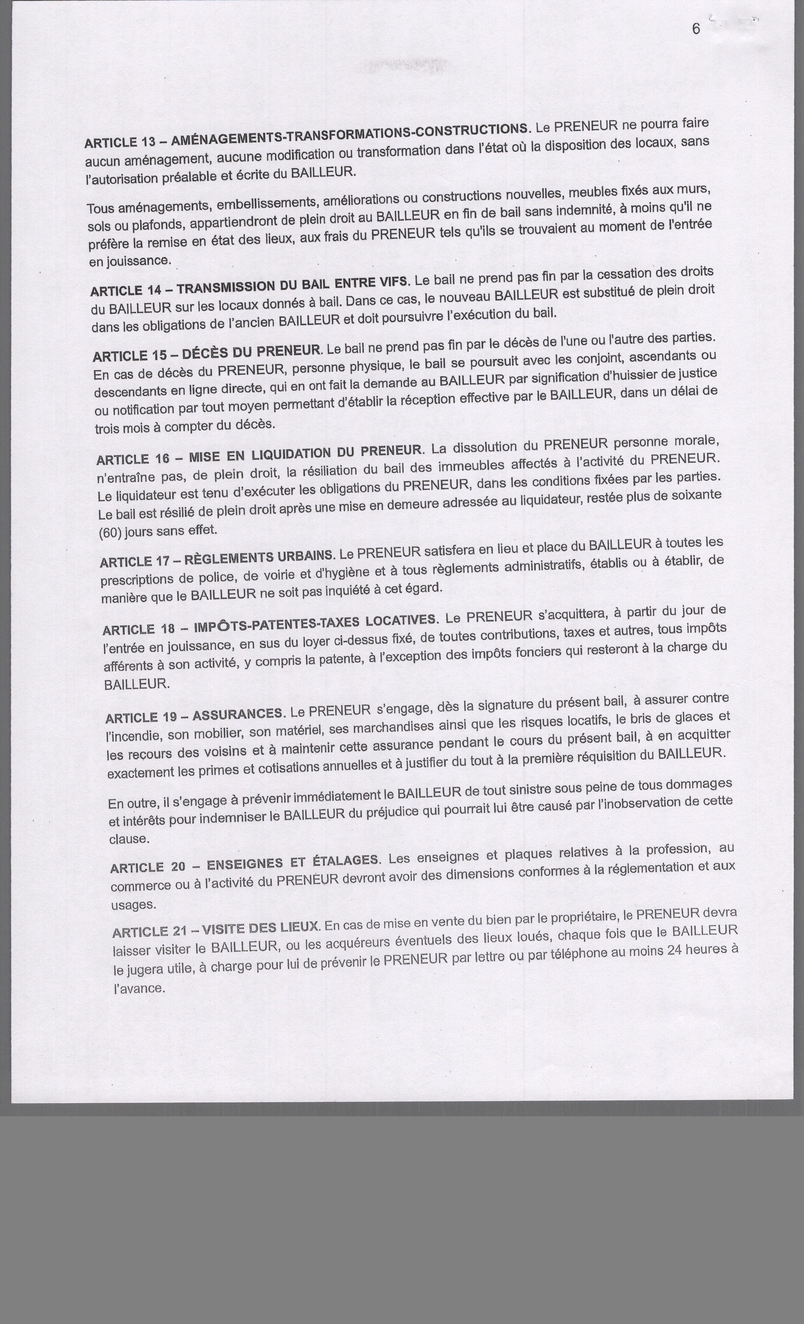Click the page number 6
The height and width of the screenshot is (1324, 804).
(696, 30)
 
